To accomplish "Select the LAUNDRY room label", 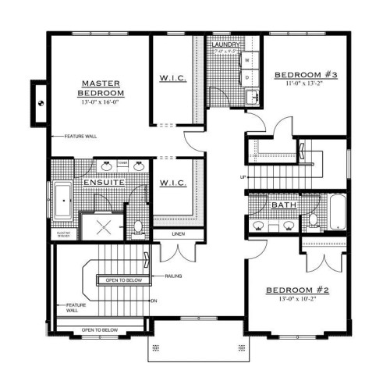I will point(226,45).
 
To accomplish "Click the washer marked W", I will point(247,59).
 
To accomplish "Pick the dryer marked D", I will point(247,77).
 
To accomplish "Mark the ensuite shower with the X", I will point(105,227).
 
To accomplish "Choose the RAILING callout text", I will point(175,276).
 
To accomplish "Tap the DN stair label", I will point(154,300).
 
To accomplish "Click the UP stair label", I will point(243,177).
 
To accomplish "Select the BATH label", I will point(282,205).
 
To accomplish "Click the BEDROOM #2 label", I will point(297,289).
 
